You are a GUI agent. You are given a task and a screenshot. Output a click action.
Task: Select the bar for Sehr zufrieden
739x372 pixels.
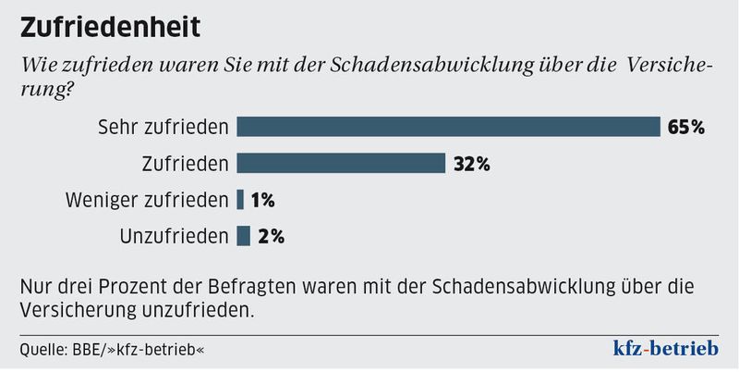[448, 127]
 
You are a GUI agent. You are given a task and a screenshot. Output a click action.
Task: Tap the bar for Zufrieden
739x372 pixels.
[341, 164]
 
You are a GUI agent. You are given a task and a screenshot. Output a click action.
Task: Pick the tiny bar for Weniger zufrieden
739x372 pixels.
[240, 199]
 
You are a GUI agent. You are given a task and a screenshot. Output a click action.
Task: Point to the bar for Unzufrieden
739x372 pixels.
[244, 236]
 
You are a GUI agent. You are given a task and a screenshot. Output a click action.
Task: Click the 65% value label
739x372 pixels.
[686, 128]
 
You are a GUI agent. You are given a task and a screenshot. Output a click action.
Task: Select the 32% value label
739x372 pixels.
[471, 165]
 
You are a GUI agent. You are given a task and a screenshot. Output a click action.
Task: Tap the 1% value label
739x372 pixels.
[262, 200]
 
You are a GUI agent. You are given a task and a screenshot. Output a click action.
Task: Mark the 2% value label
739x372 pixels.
[271, 237]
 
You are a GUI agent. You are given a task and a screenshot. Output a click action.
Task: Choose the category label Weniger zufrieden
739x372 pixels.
[147, 200]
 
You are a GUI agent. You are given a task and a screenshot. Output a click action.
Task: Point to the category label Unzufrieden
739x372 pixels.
[174, 237]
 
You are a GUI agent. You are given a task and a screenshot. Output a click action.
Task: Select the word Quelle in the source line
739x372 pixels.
[42, 351]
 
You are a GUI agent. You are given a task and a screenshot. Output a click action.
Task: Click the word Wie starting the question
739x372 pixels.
[36, 66]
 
